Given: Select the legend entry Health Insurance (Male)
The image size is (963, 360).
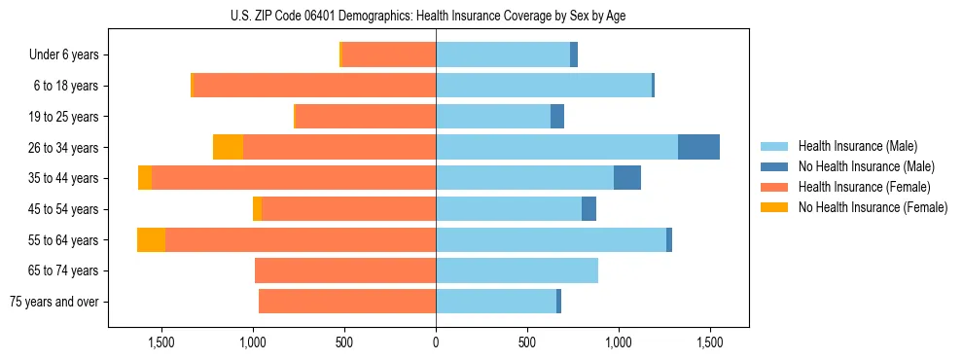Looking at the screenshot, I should [x=856, y=146].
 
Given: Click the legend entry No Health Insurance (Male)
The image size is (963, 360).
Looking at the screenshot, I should [x=864, y=166].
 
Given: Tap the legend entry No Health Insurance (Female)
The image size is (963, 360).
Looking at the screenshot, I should [x=871, y=207].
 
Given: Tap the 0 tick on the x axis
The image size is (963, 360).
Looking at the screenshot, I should [x=436, y=342].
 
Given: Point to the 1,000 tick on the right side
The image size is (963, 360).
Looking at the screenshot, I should [x=619, y=342].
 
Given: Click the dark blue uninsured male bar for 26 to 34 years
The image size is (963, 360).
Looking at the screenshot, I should [x=698, y=147].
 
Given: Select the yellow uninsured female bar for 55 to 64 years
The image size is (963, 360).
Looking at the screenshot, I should [x=151, y=239].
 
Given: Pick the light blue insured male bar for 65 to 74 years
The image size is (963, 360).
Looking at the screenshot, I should [x=517, y=270].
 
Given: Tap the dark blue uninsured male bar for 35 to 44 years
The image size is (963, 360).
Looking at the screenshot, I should [x=626, y=178].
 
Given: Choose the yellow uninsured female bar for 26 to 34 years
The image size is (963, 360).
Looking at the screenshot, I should [x=228, y=147].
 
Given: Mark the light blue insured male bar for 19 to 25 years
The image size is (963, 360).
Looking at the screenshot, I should [x=493, y=117].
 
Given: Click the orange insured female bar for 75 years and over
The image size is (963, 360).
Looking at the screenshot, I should [x=347, y=302].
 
